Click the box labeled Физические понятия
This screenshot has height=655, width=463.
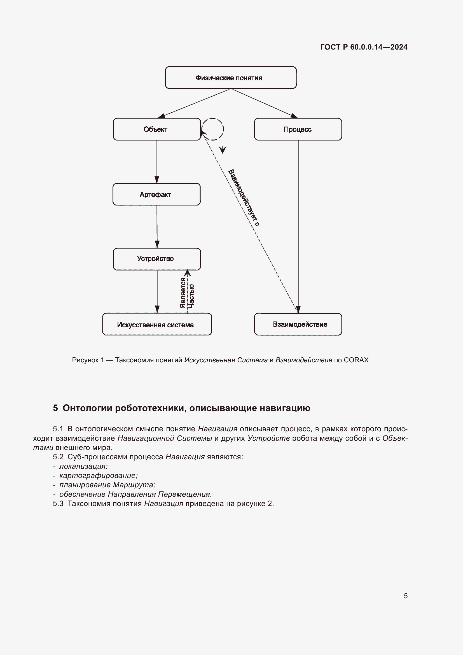(x=231, y=78)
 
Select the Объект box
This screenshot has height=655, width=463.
(x=157, y=129)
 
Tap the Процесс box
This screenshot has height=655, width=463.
(x=298, y=129)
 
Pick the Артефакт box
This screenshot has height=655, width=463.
(x=156, y=194)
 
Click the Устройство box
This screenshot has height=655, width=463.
(x=157, y=259)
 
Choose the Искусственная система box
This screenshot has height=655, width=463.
(x=157, y=324)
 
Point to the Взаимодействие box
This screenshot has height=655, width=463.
(x=298, y=324)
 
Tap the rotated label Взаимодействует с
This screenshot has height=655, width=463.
(x=244, y=197)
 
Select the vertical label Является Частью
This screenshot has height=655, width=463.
(x=187, y=293)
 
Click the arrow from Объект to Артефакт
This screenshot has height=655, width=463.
(x=156, y=162)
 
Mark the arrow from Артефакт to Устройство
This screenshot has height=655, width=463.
(x=157, y=226)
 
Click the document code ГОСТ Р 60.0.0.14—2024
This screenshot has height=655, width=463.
(x=364, y=47)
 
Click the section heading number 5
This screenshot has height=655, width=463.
(x=55, y=408)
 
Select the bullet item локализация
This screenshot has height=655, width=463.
(x=83, y=466)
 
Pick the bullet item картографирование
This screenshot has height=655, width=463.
(x=98, y=475)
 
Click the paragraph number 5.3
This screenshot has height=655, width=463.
(x=58, y=504)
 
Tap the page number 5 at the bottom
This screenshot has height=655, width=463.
(x=405, y=596)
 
